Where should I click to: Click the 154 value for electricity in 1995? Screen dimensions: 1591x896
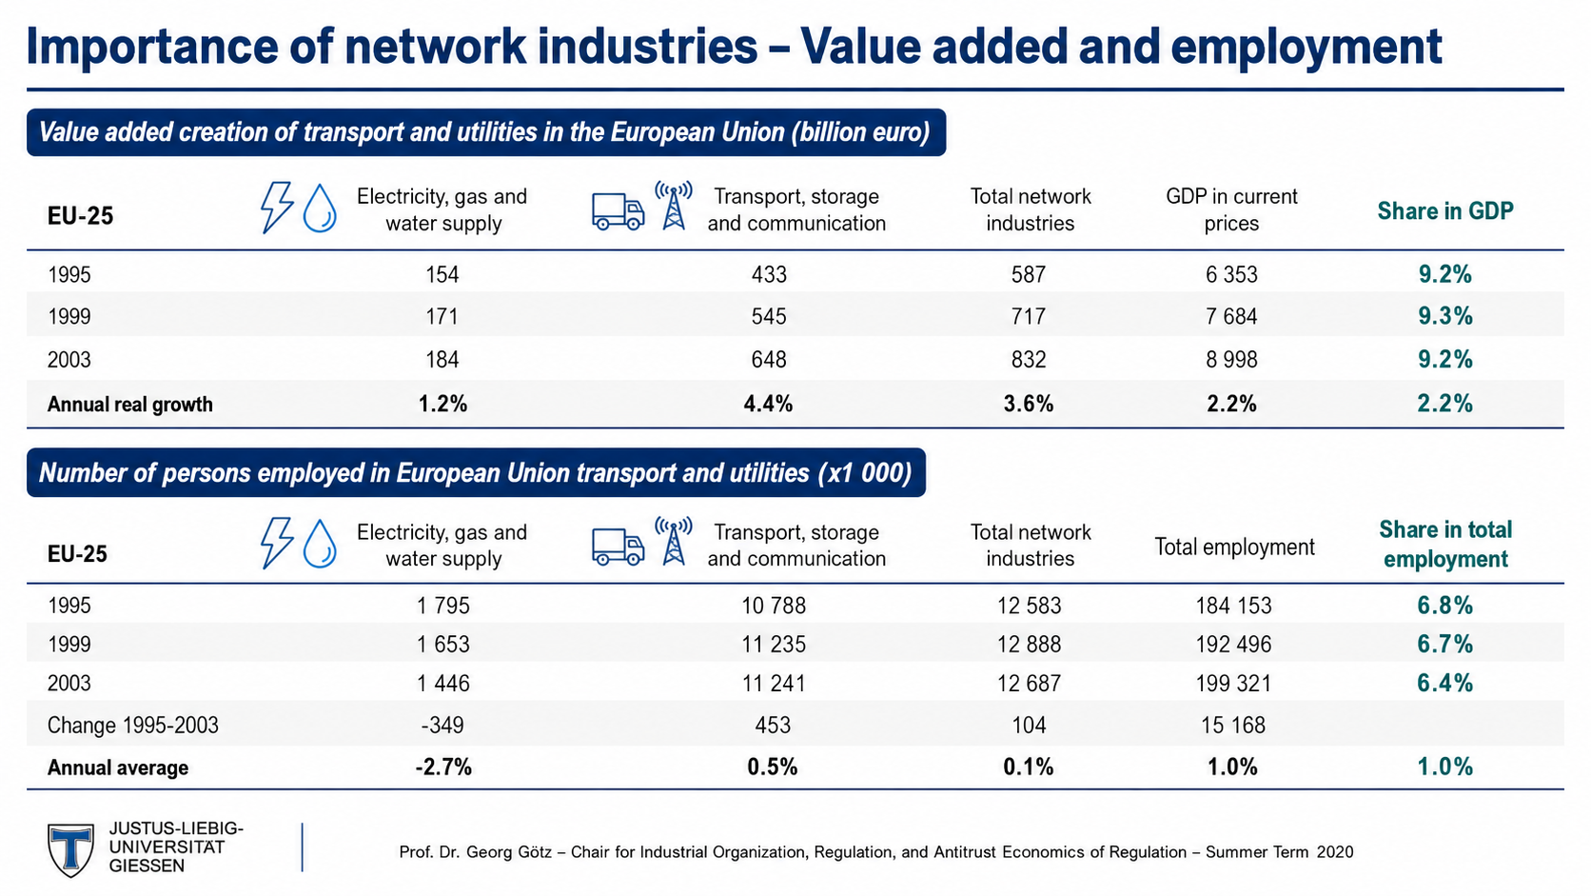442,274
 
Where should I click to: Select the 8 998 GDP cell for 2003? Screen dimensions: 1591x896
1231,360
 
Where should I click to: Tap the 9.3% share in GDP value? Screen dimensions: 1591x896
1444,315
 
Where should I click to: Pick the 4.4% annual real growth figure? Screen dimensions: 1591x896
768,404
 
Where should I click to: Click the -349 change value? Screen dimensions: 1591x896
442,725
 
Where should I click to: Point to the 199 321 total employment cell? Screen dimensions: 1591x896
1234,683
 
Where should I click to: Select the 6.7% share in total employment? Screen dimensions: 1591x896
1444,644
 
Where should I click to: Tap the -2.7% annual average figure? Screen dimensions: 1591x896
443,767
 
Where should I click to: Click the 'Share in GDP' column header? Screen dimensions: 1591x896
1444,210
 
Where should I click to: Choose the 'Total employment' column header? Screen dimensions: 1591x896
1234,547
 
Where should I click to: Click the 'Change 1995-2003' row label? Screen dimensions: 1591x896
133,725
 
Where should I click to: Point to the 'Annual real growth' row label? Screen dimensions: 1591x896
130,405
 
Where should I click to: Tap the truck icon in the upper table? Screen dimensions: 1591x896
618,211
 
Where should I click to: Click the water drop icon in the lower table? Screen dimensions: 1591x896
320,544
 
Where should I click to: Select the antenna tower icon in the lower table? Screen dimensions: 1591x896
674,542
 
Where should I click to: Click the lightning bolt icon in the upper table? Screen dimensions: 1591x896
276,208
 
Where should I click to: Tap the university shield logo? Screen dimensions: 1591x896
70,849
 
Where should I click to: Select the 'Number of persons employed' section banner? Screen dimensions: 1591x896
476,472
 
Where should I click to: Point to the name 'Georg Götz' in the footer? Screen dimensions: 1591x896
508,852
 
